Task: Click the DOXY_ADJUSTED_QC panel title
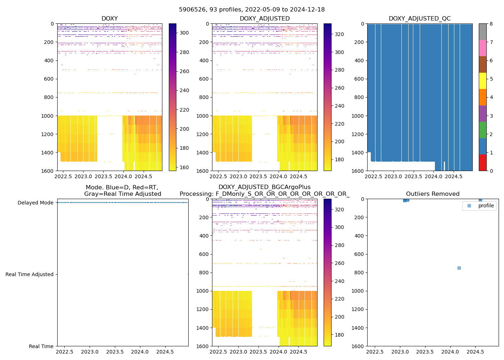point(419,19)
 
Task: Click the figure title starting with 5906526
point(252,10)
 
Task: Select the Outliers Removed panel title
point(432,194)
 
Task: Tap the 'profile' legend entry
point(486,206)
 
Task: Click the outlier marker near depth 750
point(459,268)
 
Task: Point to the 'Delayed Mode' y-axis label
point(35,203)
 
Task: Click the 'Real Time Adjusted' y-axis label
point(30,274)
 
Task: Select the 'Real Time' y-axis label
point(41,346)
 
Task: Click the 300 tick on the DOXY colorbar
point(184,33)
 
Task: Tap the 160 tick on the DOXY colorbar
point(184,167)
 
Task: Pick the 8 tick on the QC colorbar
point(491,24)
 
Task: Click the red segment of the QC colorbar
point(482,162)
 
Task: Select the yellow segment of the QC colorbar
point(482,81)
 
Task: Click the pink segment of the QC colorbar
point(482,48)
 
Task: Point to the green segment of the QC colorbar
point(482,130)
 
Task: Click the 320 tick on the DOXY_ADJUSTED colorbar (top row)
point(339,34)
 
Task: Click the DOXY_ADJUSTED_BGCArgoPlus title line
point(264,187)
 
